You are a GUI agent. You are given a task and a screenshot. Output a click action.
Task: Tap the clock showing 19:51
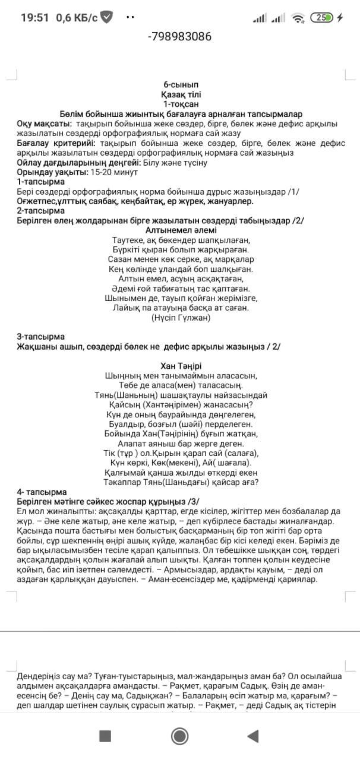click(x=34, y=17)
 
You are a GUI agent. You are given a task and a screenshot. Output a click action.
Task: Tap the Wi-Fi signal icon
click(x=298, y=18)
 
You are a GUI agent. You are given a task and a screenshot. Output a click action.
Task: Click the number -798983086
click(x=179, y=37)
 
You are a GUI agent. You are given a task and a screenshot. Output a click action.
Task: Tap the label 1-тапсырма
click(x=40, y=182)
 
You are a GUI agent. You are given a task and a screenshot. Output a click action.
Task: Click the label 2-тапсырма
click(x=40, y=211)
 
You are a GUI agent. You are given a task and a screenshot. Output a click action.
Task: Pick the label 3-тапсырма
click(x=40, y=337)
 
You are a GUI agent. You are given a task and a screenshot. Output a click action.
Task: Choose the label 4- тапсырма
click(x=42, y=492)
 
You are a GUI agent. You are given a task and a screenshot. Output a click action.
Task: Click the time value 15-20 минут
click(x=114, y=172)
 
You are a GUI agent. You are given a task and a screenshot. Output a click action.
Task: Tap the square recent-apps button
click(x=105, y=736)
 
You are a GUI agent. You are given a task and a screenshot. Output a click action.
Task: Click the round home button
click(x=179, y=736)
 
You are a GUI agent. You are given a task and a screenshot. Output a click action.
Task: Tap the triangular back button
click(x=253, y=736)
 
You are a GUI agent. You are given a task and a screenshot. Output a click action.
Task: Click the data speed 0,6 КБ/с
click(x=77, y=17)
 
